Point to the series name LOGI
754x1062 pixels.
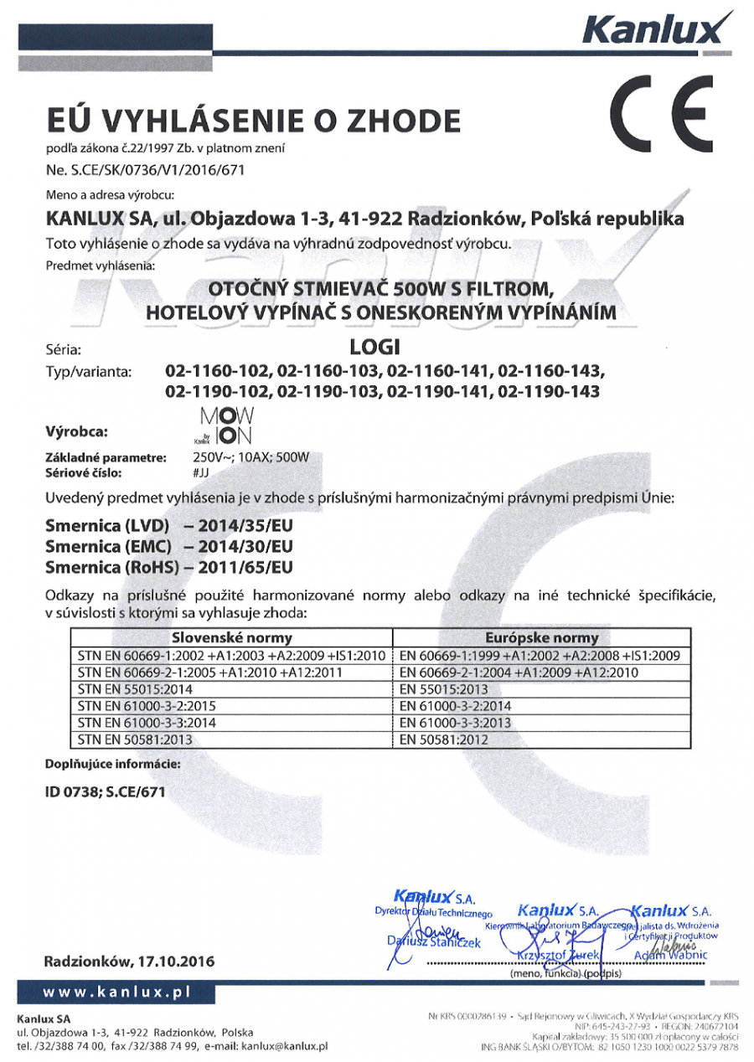pyautogui.click(x=374, y=347)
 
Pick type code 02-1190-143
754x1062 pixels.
pyautogui.click(x=550, y=391)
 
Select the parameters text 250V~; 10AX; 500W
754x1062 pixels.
pyautogui.click(x=251, y=457)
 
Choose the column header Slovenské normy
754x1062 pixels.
pyautogui.click(x=232, y=638)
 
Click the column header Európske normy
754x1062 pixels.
pyautogui.click(x=542, y=638)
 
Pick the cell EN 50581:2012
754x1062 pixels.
pyautogui.click(x=444, y=740)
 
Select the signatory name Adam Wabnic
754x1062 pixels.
pyautogui.click(x=672, y=956)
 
